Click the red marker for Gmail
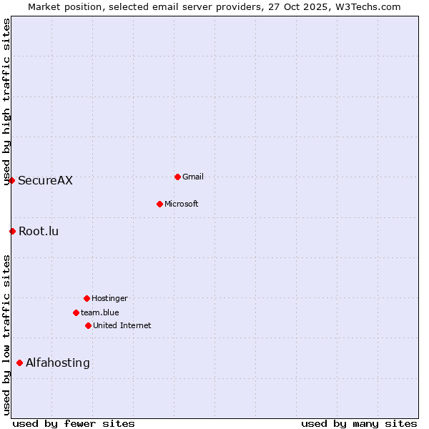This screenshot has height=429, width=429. coord(177,177)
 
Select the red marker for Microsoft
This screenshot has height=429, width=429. coord(159,204)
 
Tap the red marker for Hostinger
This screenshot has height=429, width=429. coord(87,298)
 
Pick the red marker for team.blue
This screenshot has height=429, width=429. coord(76,312)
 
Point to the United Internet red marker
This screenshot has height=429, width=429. coord(88,325)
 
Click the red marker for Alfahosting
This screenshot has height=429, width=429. coord(19,363)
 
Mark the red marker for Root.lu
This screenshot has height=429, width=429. coord(12,231)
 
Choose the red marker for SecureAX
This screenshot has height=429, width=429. coord(11,180)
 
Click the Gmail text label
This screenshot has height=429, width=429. coord(193,177)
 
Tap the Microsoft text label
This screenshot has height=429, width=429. coord(182,204)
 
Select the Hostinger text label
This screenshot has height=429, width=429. coord(109,298)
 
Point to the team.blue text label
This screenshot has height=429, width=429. coord(100,312)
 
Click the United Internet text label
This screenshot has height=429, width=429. coord(122,325)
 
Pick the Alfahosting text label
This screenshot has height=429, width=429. coord(58,363)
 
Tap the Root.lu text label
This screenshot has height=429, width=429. coord(39,231)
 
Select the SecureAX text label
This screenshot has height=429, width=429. coord(45,180)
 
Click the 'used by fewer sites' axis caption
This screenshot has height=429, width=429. coord(74,423)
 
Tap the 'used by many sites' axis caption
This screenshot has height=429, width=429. coord(359,423)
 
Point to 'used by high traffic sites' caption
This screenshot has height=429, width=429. coord(7,102)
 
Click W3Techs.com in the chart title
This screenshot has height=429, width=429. coord(368,6)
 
